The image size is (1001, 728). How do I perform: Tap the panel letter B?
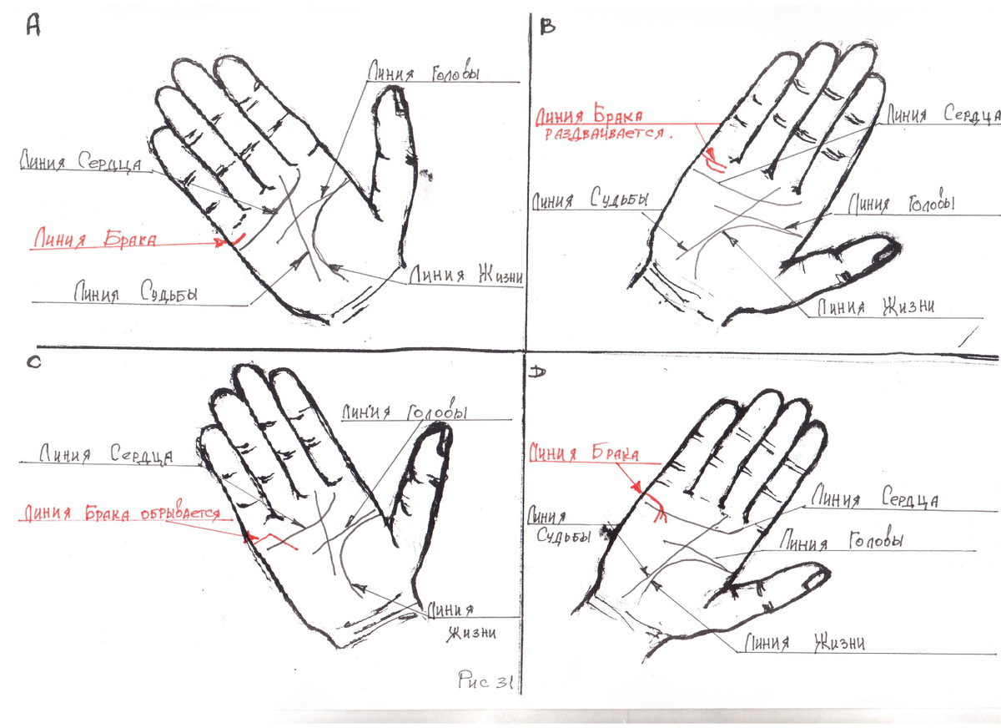click(x=548, y=27)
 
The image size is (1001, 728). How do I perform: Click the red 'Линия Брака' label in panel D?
click(x=584, y=454)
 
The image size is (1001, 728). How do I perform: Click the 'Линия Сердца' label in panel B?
click(x=941, y=115)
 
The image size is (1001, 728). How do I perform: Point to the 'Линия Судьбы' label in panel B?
click(x=590, y=200)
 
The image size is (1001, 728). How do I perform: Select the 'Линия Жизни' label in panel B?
click(x=874, y=307)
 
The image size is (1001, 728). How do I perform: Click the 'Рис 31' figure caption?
click(x=485, y=680)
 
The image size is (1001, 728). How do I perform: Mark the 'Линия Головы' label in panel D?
click(x=842, y=541)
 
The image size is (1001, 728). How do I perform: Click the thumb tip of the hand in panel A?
click(x=391, y=99)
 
